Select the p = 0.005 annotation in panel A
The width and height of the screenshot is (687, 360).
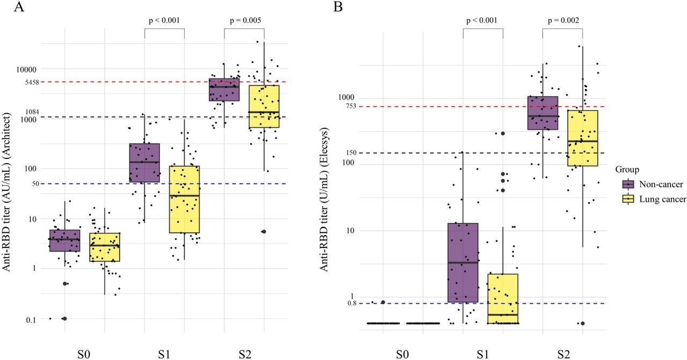click(x=244, y=21)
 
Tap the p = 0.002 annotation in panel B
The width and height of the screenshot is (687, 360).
click(x=562, y=21)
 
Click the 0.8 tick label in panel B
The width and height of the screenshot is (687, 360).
click(x=352, y=303)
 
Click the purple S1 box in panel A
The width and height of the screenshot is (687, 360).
click(x=144, y=163)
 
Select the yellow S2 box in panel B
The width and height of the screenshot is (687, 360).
click(x=583, y=138)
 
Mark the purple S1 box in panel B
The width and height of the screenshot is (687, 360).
click(x=463, y=262)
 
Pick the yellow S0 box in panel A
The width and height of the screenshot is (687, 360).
click(x=105, y=247)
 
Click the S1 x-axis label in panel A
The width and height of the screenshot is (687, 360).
click(x=164, y=354)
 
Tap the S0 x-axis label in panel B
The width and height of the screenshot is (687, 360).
click(x=403, y=354)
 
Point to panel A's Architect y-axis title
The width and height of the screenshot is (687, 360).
click(x=8, y=192)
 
